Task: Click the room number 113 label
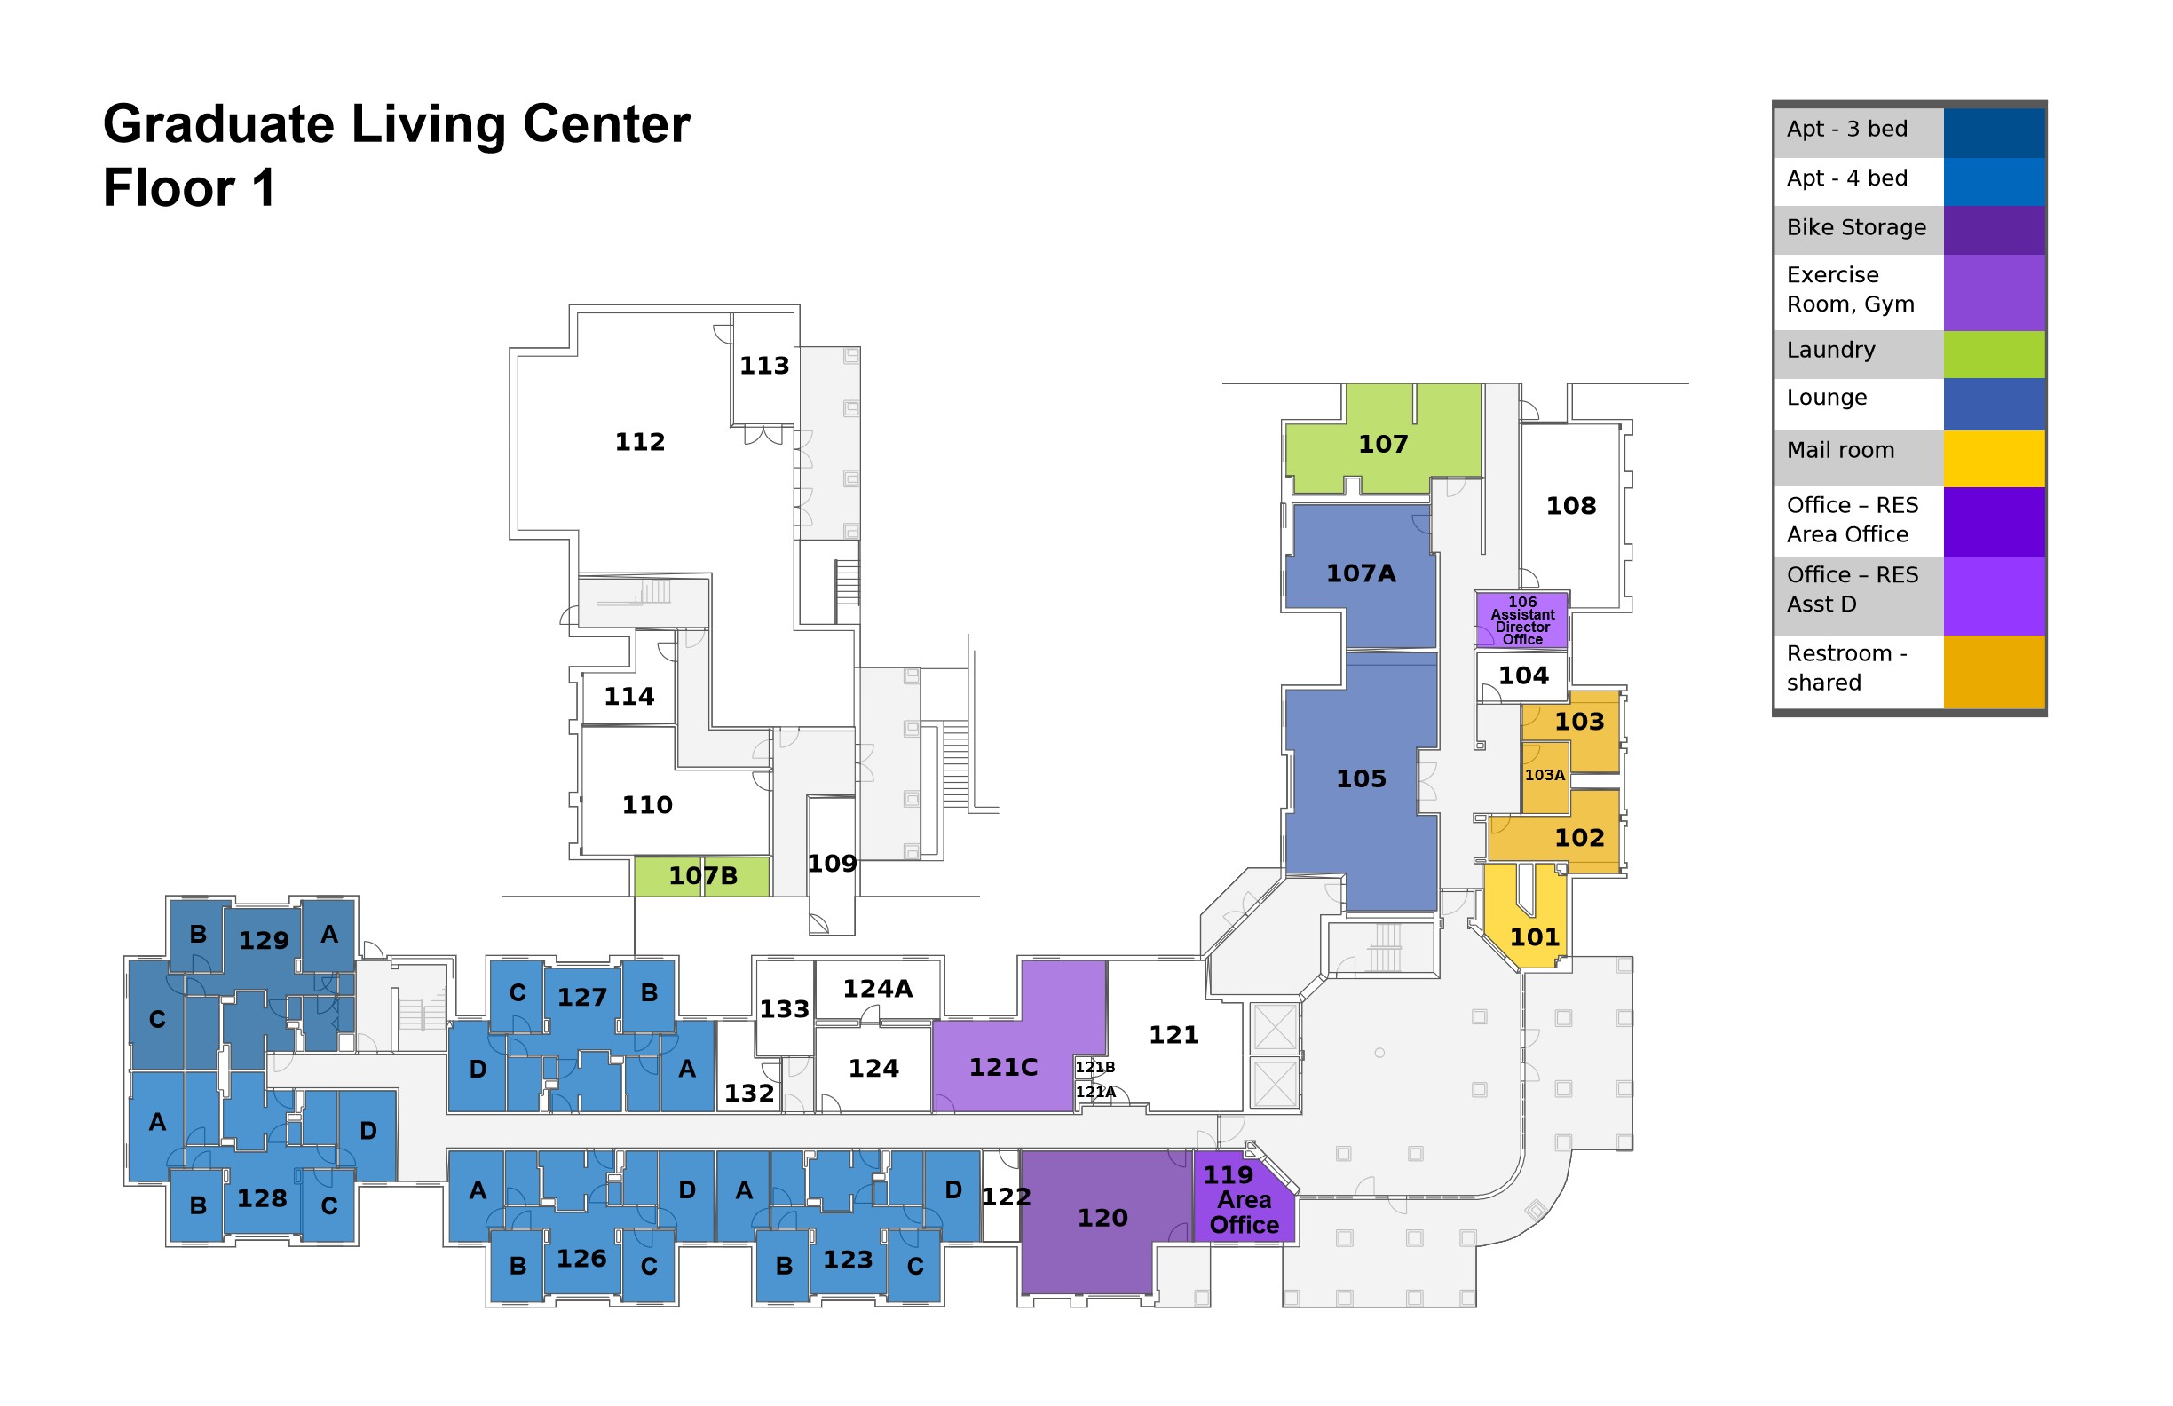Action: pos(764,366)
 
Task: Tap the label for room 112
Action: pos(640,443)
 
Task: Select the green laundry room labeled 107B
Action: pos(702,876)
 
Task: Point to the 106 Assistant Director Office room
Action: pos(1523,620)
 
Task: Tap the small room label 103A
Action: pos(1545,775)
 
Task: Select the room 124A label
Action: pos(876,989)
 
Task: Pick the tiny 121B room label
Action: pos(1094,1067)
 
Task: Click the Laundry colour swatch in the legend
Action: pos(1994,354)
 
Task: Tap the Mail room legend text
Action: pos(1840,450)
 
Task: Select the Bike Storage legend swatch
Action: pos(1994,230)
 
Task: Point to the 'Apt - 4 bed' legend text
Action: pos(1846,178)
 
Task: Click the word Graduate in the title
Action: pos(219,125)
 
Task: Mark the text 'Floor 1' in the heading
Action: pos(189,188)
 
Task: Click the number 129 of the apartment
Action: pos(264,940)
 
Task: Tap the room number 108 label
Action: pos(1570,506)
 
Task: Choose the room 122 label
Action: pos(1005,1197)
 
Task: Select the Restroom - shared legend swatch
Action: pos(1994,672)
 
